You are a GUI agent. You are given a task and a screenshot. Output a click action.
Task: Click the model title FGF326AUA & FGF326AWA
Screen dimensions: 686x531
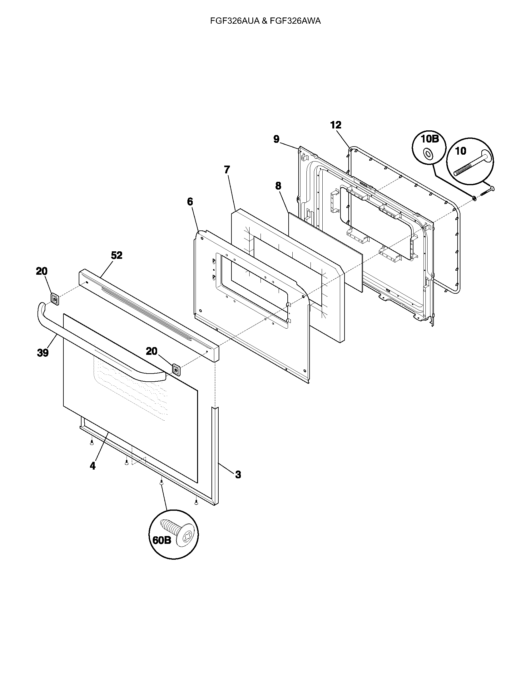click(x=265, y=21)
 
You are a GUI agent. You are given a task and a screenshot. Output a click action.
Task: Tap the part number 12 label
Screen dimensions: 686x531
click(x=336, y=125)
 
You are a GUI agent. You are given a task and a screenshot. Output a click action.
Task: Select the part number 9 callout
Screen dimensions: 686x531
click(x=276, y=139)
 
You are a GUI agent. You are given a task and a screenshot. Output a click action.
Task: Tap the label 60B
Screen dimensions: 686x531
click(x=162, y=540)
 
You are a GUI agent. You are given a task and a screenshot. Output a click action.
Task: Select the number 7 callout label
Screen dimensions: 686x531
click(x=227, y=170)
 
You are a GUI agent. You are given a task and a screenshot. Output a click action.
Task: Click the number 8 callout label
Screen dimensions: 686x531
click(x=278, y=186)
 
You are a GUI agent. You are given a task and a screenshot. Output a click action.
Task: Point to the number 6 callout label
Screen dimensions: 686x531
click(x=190, y=202)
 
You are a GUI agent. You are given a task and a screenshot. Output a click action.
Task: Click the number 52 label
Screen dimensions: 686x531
click(x=117, y=255)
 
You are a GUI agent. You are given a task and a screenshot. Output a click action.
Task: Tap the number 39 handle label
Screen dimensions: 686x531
click(x=43, y=353)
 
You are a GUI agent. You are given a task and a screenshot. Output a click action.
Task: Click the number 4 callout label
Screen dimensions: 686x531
click(x=92, y=466)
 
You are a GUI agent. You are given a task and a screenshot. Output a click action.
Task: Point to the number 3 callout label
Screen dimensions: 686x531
click(x=238, y=475)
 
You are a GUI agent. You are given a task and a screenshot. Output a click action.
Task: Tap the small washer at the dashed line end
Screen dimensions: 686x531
click(x=474, y=198)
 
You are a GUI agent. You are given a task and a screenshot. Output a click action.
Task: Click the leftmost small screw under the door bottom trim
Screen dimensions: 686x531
click(x=92, y=442)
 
